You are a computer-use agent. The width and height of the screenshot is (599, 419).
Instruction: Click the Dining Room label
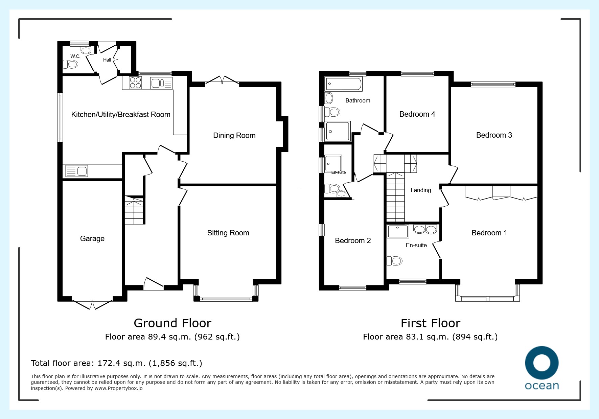234,136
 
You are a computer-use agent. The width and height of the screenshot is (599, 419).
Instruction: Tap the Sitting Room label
228,233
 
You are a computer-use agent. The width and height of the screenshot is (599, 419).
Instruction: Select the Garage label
92,239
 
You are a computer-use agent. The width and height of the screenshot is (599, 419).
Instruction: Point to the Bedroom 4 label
417,114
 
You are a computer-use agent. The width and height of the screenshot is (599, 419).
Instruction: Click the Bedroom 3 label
494,135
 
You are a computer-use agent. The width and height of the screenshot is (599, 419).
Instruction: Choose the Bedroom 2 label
353,241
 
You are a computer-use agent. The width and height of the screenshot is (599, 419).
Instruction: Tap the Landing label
421,190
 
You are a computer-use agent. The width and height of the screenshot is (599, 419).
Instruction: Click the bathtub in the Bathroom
344,84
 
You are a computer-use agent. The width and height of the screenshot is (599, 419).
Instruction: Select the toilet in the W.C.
70,64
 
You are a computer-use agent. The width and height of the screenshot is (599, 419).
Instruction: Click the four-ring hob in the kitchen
135,83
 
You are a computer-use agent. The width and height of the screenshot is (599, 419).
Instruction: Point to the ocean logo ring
542,363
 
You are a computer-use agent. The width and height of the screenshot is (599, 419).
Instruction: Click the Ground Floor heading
172,323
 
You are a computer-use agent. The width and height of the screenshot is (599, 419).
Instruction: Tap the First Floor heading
430,323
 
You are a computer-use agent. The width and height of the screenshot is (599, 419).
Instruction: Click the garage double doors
92,304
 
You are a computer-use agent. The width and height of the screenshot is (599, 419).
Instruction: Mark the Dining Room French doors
222,80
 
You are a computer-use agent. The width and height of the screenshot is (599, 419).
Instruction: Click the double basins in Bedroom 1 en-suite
425,229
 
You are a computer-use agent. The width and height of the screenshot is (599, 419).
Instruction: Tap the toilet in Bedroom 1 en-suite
394,261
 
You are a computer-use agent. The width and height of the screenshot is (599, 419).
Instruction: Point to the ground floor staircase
134,210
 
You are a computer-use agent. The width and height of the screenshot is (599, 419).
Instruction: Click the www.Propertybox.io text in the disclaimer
118,388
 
